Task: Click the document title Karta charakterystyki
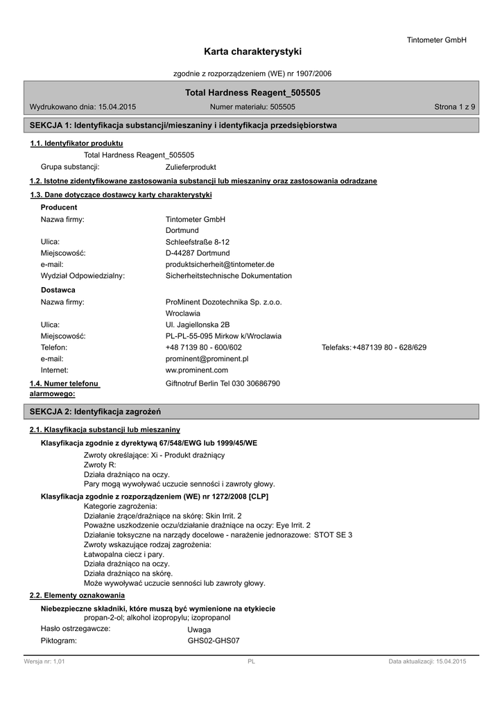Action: [252, 52]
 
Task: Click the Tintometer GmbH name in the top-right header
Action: [436, 40]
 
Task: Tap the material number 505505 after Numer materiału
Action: [282, 107]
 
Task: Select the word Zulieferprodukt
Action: [191, 167]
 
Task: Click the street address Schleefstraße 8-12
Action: [198, 242]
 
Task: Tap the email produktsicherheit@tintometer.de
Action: [220, 264]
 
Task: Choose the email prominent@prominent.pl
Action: [207, 358]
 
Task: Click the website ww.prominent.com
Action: [197, 370]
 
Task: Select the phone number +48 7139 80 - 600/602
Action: [204, 347]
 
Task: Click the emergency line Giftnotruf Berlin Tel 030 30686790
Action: [223, 383]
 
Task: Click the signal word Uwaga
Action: [199, 630]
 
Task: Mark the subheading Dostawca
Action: [58, 290]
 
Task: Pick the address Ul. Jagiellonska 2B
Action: [198, 324]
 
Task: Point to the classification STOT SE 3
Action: [333, 535]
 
